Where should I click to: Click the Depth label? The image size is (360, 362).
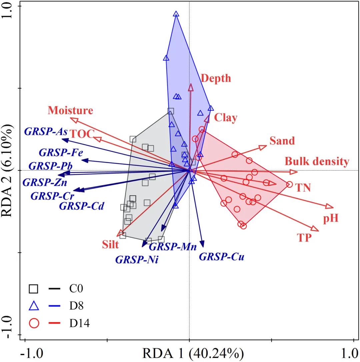(216, 78)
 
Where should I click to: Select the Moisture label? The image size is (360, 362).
(70, 110)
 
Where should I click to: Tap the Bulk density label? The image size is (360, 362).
(317, 162)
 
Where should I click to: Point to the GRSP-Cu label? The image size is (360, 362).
(222, 257)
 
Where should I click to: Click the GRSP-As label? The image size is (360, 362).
(46, 131)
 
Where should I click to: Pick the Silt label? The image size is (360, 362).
(110, 245)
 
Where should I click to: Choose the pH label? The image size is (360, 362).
(331, 219)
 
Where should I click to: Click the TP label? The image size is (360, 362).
(304, 237)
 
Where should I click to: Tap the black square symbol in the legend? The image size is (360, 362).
(34, 288)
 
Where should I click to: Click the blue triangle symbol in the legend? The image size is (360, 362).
(34, 306)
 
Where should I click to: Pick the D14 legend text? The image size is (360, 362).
(79, 323)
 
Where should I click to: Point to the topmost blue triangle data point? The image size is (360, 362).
(176, 14)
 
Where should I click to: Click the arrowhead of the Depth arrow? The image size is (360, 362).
(191, 87)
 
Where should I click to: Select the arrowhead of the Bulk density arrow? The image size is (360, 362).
(294, 172)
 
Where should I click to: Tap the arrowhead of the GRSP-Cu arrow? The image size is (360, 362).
(202, 244)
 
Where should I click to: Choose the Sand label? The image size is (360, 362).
(282, 141)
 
